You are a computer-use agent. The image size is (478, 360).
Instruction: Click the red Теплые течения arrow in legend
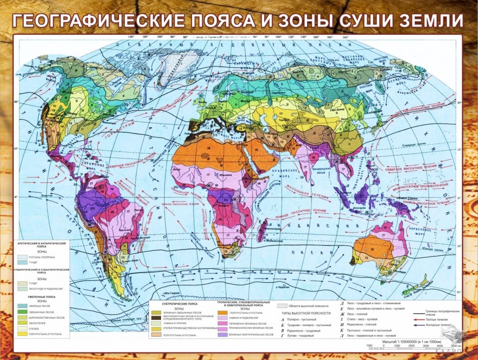(x=422, y=319)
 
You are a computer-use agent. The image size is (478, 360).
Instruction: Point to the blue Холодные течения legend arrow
(x=422, y=325)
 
